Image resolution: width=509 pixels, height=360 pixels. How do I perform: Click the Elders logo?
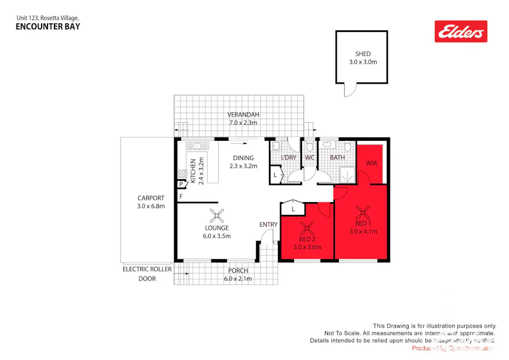coord(461,31)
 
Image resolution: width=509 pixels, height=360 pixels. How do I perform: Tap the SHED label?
coord(363,54)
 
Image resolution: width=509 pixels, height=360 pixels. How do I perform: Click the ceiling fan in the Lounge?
coord(217,215)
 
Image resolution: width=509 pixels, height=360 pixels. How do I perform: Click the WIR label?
coord(371,163)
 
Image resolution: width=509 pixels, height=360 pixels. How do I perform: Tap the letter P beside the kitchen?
coord(181,184)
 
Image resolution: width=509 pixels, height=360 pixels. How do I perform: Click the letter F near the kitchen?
coord(181,197)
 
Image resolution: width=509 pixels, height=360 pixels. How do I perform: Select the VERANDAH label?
coord(243,115)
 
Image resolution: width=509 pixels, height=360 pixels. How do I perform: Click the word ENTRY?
coord(268,225)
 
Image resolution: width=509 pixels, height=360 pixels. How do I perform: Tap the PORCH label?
coord(238,270)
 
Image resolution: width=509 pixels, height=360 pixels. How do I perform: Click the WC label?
coord(310,157)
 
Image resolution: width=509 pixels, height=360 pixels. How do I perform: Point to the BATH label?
coord(337,157)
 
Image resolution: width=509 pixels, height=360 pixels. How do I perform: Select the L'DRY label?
coord(289,157)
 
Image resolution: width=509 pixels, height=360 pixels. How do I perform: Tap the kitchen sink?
coord(197,145)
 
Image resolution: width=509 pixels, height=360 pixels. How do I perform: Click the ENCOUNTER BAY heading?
coord(48,26)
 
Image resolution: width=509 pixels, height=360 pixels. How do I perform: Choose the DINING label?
coord(243,158)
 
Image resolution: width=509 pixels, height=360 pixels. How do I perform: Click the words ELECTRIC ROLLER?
coord(147,269)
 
